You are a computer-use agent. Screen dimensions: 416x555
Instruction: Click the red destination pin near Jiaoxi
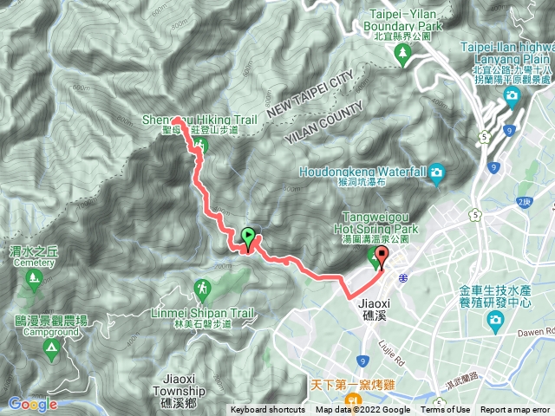[x=382, y=258]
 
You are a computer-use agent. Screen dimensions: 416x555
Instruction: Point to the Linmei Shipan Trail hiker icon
[x=201, y=288]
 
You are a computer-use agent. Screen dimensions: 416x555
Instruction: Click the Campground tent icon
[x=51, y=348]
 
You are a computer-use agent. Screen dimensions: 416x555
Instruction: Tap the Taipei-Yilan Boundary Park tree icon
[x=402, y=55]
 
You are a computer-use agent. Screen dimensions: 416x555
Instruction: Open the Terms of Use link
[x=446, y=410]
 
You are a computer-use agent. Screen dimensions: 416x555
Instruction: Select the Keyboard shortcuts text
[x=267, y=410]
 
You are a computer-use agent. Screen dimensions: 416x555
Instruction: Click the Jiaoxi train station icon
[x=403, y=278]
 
